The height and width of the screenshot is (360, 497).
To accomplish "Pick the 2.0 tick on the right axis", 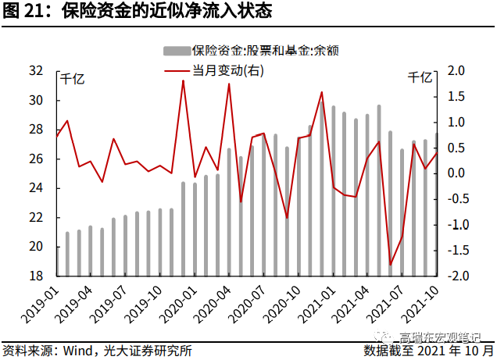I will point(456,71).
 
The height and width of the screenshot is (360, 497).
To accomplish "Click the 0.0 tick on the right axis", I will point(456,173).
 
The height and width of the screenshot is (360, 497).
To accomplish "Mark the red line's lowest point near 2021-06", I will point(390,265).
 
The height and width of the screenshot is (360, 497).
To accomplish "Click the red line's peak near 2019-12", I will point(183,80).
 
